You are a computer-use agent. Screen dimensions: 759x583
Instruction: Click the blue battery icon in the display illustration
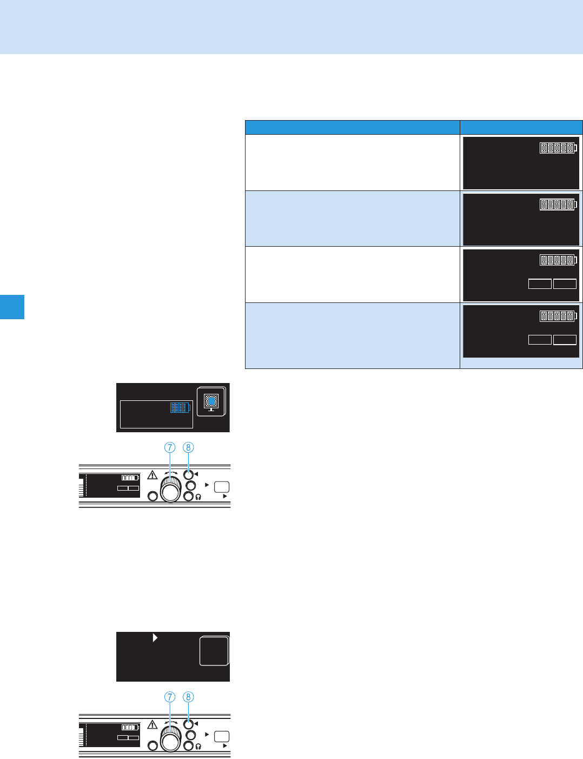181,407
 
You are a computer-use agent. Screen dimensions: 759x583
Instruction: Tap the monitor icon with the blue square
211,401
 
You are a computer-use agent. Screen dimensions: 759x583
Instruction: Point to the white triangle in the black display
155,638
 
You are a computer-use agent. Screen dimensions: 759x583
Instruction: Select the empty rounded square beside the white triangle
214,651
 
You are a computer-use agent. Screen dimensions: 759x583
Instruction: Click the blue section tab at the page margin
12,307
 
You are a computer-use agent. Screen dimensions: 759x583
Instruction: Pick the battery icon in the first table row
558,148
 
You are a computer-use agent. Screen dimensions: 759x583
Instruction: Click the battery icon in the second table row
558,204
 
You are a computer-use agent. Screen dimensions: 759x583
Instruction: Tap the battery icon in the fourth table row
558,316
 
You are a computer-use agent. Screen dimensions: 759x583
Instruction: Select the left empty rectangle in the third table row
540,284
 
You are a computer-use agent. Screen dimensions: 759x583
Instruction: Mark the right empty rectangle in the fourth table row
565,340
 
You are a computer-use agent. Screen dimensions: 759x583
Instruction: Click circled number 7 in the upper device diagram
170,447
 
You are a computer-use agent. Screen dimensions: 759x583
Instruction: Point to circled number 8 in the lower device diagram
188,697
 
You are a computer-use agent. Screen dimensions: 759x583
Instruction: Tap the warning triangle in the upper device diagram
153,475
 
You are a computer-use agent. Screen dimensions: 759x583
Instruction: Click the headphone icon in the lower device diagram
199,747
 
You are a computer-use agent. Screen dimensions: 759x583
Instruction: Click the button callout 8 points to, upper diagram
188,474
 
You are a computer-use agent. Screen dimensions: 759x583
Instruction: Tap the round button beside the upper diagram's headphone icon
188,496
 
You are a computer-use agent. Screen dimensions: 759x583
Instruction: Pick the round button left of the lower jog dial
153,746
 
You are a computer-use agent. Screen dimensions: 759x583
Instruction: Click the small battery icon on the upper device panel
130,478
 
